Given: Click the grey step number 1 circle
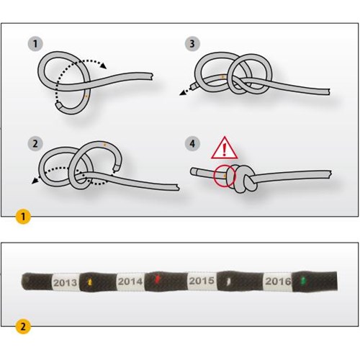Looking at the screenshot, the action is pyautogui.click(x=35, y=44).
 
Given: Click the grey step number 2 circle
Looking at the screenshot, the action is pyautogui.click(x=35, y=143).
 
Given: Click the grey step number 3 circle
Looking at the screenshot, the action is pyautogui.click(x=192, y=44).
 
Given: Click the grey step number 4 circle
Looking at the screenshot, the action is pyautogui.click(x=192, y=143).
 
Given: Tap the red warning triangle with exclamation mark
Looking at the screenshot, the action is pyautogui.click(x=225, y=148).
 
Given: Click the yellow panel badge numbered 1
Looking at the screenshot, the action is pyautogui.click(x=23, y=217).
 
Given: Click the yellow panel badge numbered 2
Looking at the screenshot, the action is pyautogui.click(x=23, y=326).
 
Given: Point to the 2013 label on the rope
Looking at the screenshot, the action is pyautogui.click(x=66, y=282).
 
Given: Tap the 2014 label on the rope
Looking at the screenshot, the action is pyautogui.click(x=130, y=282).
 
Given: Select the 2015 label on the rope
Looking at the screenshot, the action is pyautogui.click(x=202, y=281).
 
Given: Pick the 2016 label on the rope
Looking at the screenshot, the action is pyautogui.click(x=278, y=281).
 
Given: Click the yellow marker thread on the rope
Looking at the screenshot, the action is pyautogui.click(x=90, y=282).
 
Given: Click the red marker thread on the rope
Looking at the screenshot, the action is pyautogui.click(x=158, y=279).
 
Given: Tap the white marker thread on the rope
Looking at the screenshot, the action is pyautogui.click(x=228, y=281).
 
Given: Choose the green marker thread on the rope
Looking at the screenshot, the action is pyautogui.click(x=304, y=280).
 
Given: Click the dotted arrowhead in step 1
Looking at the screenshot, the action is pyautogui.click(x=104, y=66).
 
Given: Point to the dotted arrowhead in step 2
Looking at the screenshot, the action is pyautogui.click(x=35, y=181).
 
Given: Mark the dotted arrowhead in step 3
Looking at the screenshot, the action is pyautogui.click(x=183, y=92).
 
